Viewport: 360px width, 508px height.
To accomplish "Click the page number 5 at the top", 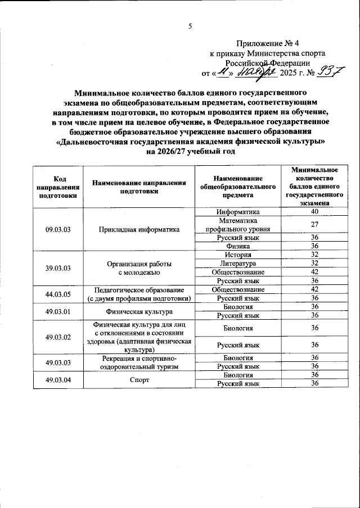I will click(x=190, y=26).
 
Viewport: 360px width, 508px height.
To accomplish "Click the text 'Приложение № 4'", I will click(x=269, y=43).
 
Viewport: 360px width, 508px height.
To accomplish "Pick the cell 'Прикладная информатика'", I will click(x=138, y=229).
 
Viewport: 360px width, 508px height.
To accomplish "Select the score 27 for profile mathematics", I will click(x=314, y=225).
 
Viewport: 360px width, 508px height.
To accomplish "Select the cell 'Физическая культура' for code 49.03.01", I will click(x=138, y=311).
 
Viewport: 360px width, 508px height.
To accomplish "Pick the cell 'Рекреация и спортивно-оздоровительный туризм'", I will click(x=138, y=362).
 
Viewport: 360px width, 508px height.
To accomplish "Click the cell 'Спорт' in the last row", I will click(x=138, y=379).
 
